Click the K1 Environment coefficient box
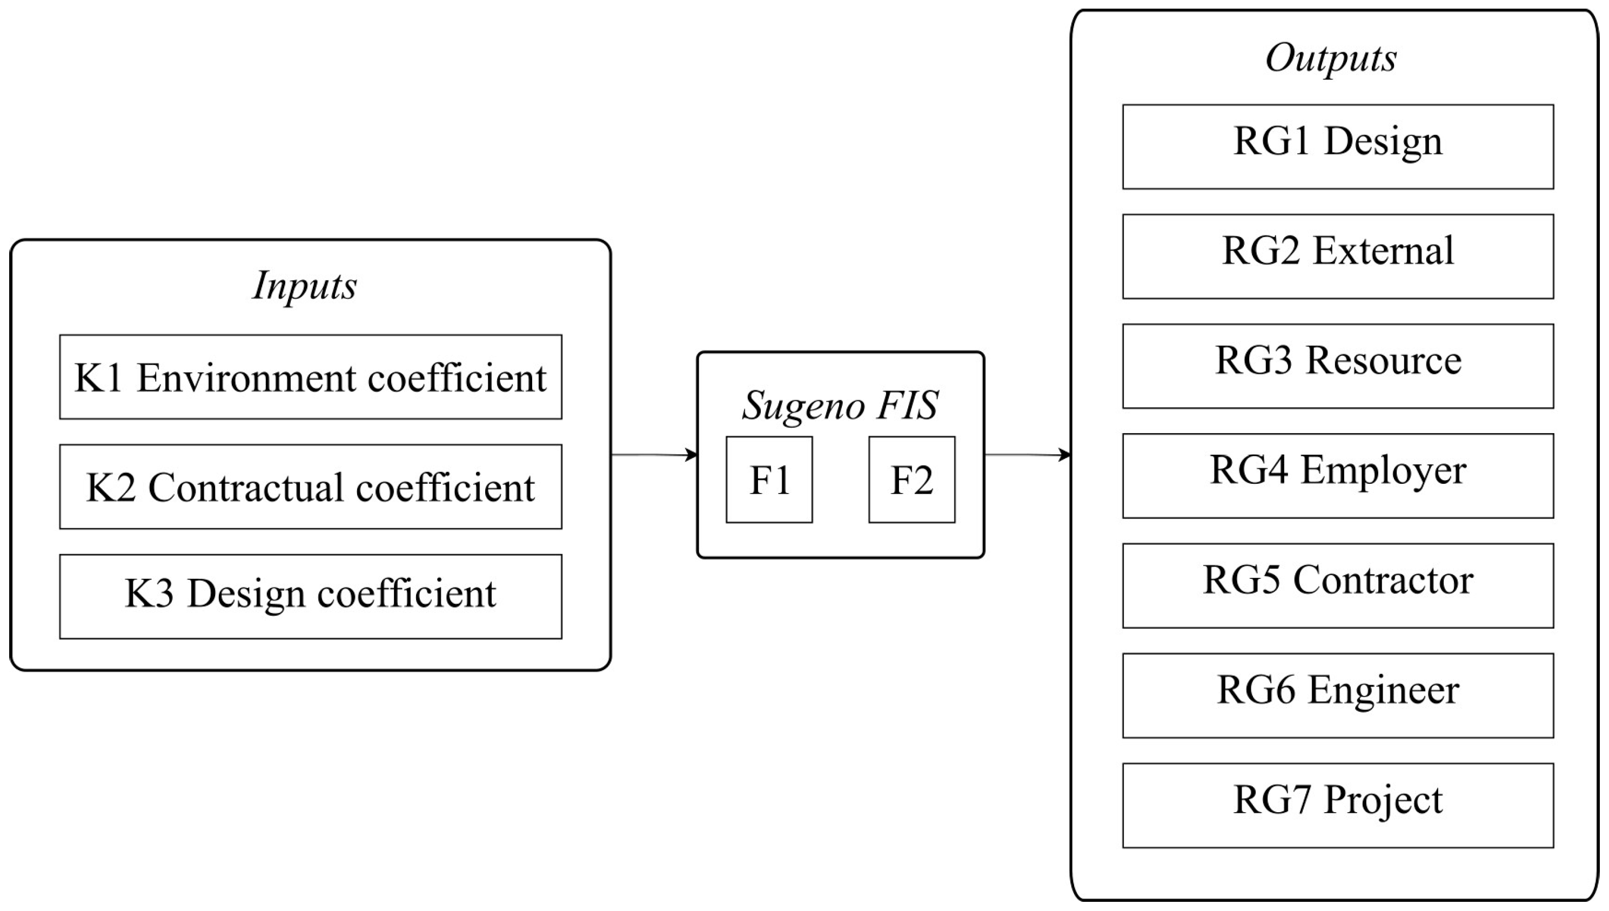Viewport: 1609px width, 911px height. pos(311,377)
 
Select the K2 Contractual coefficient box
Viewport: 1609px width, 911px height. pos(311,486)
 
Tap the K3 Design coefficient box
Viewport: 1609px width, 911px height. pos(311,596)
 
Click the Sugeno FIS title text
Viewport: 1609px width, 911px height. pos(840,405)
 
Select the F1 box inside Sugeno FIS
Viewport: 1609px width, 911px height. pos(769,480)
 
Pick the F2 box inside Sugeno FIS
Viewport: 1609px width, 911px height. pos(912,480)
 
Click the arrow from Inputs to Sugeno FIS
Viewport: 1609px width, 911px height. pos(654,455)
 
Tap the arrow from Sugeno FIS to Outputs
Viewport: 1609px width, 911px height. pos(1027,455)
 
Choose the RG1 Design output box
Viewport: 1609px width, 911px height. pos(1337,146)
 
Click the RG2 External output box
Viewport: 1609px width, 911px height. pos(1337,256)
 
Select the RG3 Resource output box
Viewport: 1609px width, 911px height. pos(1337,366)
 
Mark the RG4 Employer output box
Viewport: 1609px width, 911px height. pos(1337,476)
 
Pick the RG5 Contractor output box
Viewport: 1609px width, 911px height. pos(1337,585)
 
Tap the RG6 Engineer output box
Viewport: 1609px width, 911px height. pos(1337,695)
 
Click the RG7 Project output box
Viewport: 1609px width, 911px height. pos(1337,805)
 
